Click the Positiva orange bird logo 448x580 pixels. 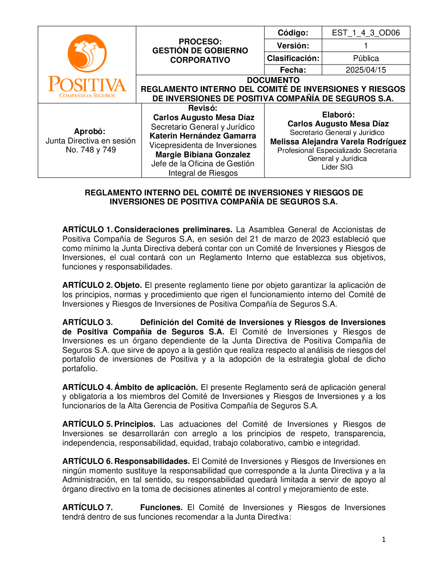(87, 53)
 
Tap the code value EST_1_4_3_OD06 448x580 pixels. (366, 33)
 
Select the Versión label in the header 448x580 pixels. (293, 46)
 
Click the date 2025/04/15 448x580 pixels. (366, 70)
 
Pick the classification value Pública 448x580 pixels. (366, 58)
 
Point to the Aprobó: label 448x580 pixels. (90, 131)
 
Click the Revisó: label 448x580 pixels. (202, 108)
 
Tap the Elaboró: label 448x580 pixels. (338, 115)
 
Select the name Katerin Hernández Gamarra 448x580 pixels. (202, 136)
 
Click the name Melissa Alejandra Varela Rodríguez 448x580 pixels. (338, 142)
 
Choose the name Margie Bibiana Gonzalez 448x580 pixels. (202, 155)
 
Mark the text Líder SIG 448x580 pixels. (337, 167)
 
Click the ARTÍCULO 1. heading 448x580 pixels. (87, 229)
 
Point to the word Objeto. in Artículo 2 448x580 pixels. (128, 285)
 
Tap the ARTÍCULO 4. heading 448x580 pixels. (87, 387)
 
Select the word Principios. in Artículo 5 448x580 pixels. (135, 424)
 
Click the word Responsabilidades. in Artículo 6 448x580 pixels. (152, 461)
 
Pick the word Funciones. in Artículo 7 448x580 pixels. (161, 507)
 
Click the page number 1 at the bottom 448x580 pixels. (383, 540)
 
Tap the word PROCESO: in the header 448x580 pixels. (200, 42)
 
